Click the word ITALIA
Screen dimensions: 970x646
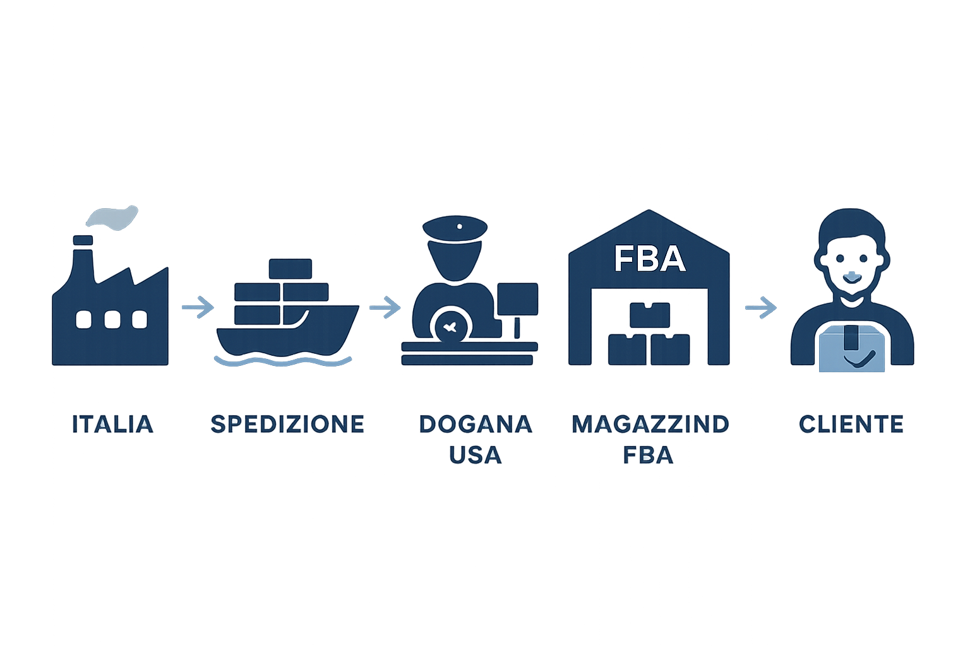tap(112, 424)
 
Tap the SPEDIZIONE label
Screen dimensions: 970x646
tap(287, 424)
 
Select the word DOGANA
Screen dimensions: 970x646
tap(476, 424)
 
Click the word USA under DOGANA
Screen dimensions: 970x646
tap(476, 455)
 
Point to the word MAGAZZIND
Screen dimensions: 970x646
tap(650, 424)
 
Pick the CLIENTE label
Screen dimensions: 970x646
tap(851, 424)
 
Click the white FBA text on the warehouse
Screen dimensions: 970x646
tap(650, 259)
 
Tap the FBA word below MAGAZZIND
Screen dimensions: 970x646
tap(649, 455)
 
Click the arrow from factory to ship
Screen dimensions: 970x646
tap(198, 307)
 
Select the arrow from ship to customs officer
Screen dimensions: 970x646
tap(385, 307)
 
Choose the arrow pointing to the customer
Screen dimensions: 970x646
tap(761, 307)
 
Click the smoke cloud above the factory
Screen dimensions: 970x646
tap(112, 218)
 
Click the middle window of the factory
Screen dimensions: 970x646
tap(112, 320)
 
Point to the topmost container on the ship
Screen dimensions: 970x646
tap(290, 269)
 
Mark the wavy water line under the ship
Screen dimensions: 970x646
tap(283, 361)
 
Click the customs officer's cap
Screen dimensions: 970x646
tap(455, 228)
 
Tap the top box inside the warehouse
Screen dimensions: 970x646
tap(650, 315)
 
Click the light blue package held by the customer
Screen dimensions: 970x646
tap(852, 349)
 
